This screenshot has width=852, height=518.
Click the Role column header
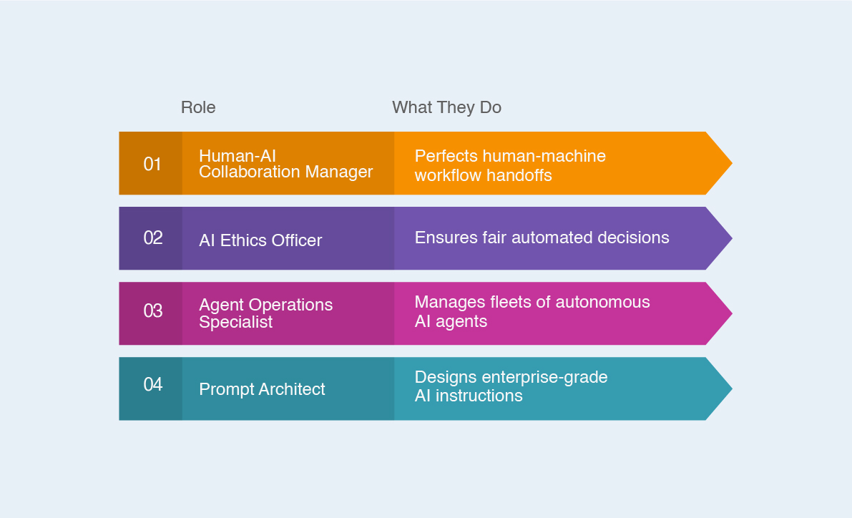tap(197, 107)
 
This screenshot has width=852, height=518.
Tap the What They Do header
tap(446, 107)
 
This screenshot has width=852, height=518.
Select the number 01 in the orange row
tap(152, 164)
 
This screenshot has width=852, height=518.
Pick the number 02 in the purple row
tap(152, 238)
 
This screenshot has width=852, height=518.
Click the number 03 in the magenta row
tap(152, 311)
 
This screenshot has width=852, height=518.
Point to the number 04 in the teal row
tap(152, 384)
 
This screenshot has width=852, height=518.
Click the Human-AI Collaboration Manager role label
tap(286, 164)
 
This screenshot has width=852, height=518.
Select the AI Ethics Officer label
tap(260, 240)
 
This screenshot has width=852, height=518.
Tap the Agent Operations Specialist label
tap(265, 313)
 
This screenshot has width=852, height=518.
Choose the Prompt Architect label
tap(262, 389)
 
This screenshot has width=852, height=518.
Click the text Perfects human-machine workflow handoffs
tap(510, 165)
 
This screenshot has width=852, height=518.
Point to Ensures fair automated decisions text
tap(542, 238)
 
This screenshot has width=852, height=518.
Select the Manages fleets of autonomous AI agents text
tap(532, 311)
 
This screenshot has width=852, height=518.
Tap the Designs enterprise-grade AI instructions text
tap(511, 386)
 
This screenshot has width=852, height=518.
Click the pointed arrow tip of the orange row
tap(731, 163)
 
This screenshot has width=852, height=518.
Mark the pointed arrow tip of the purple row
tap(731, 238)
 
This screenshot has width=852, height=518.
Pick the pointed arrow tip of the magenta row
tap(731, 313)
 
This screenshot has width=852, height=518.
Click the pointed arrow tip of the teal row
tap(731, 388)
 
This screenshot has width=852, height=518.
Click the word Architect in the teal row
tap(292, 389)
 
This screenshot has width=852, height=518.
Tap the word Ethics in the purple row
tap(243, 240)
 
